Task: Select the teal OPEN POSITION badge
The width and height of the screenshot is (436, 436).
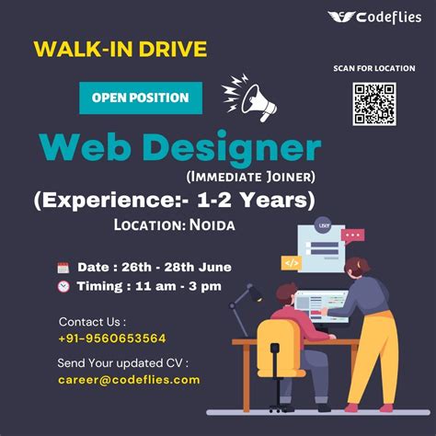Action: point(140,98)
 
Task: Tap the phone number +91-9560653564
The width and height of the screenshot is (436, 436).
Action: point(111,338)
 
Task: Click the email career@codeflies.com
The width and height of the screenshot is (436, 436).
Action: point(129,379)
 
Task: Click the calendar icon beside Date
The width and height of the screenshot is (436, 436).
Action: point(63,268)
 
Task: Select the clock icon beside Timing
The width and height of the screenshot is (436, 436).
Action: point(63,286)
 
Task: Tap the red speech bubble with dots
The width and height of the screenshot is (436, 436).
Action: point(352,235)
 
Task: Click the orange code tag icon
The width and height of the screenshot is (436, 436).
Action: point(291,262)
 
